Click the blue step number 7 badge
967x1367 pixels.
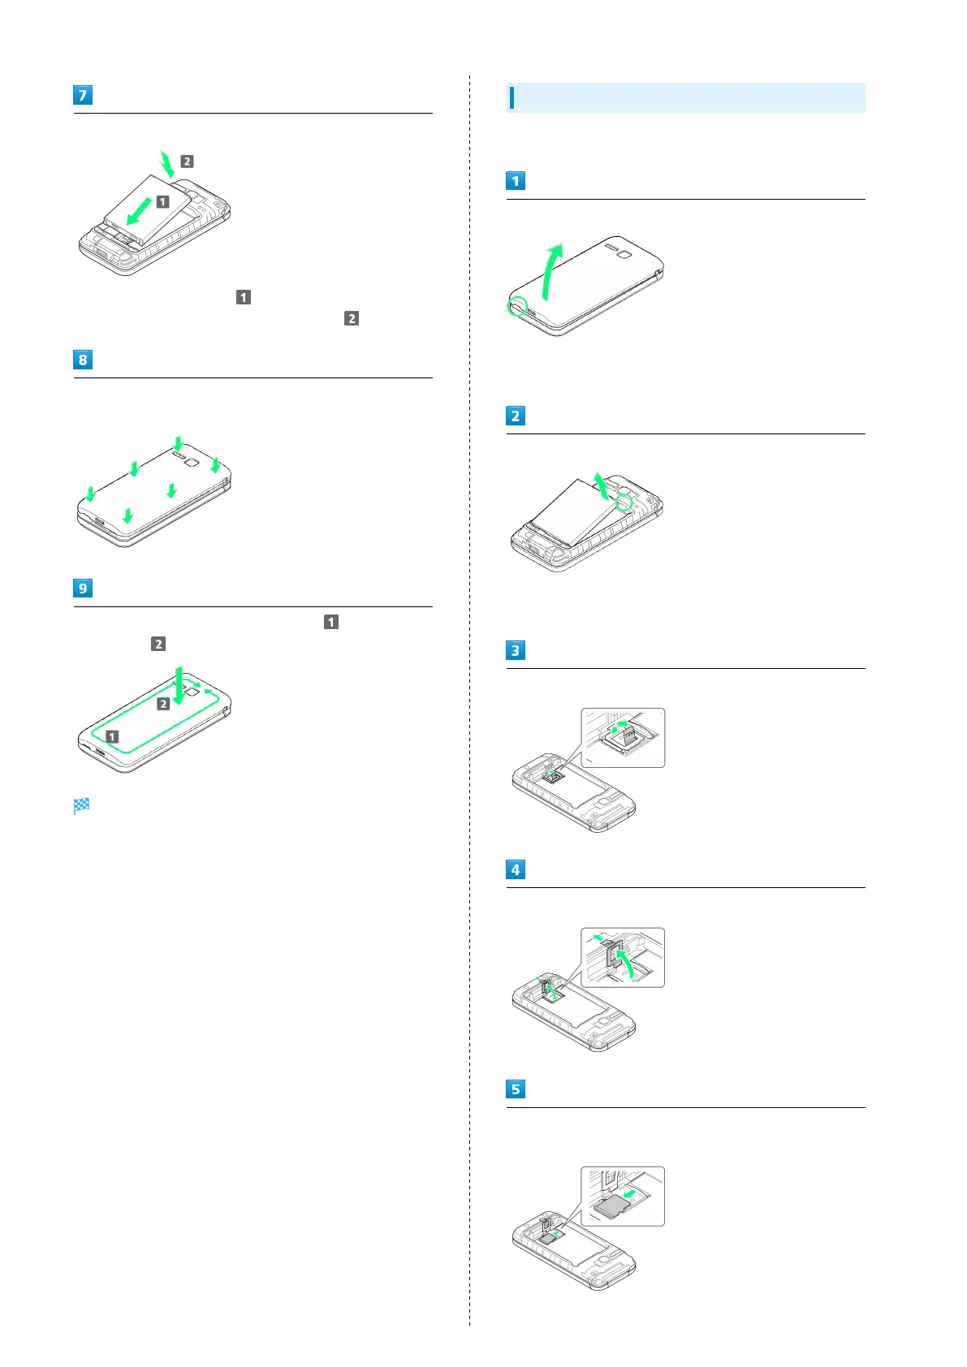[82, 95]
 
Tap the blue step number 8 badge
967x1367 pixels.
[82, 360]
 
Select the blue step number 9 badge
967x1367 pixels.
[82, 589]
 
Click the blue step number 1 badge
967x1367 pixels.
[515, 181]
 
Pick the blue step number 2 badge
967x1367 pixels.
[515, 416]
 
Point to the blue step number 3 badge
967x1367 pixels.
[515, 650]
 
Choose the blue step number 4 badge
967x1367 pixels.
[515, 869]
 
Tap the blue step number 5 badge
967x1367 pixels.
[515, 1089]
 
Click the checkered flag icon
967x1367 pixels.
[81, 806]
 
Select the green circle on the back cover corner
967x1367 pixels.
[517, 307]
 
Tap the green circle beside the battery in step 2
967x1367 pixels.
[624, 503]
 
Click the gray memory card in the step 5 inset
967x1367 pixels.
[611, 1206]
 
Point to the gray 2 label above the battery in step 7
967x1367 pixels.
[187, 162]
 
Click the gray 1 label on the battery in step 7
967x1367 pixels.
[162, 201]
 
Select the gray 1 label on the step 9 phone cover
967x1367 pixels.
[112, 736]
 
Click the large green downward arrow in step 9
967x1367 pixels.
[179, 683]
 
